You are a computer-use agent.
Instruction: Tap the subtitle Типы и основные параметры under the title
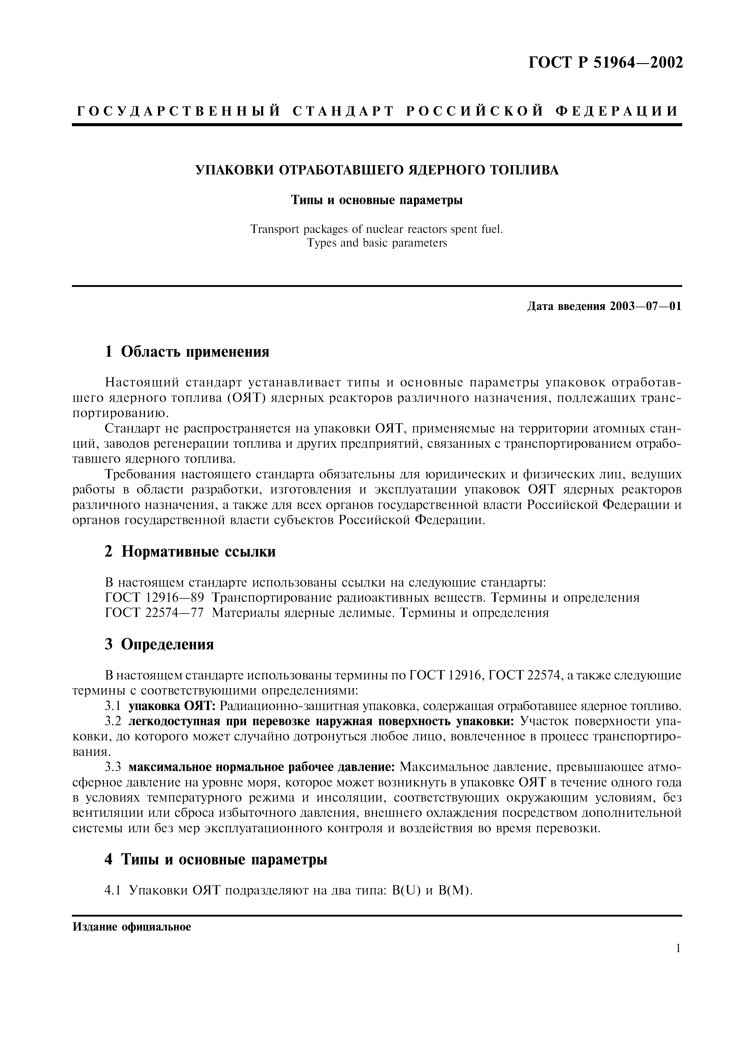[377, 200]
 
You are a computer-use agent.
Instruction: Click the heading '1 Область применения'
[187, 352]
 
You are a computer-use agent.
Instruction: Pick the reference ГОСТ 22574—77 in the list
[154, 613]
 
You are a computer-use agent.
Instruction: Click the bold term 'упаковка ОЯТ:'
[172, 706]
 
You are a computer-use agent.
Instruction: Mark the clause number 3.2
[113, 721]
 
